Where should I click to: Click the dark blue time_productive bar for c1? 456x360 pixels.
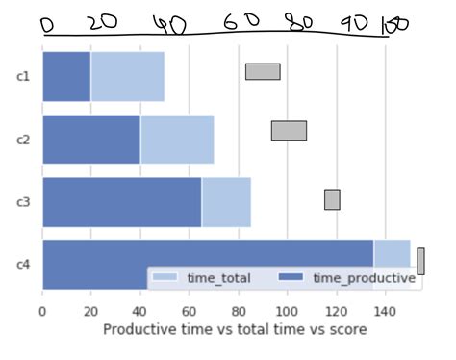tap(66, 76)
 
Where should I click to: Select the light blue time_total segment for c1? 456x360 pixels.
tap(128, 76)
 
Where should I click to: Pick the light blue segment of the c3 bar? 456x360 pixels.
tap(226, 202)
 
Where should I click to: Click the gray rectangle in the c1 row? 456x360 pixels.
tap(263, 71)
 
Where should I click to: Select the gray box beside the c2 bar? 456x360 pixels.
tap(289, 131)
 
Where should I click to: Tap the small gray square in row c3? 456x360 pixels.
tap(332, 199)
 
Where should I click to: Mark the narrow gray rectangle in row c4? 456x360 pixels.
tap(420, 261)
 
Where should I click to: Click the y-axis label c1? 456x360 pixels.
tap(24, 76)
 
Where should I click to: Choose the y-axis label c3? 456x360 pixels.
tap(24, 202)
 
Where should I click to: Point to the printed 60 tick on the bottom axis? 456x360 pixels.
tap(189, 310)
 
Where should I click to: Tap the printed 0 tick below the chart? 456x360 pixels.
tap(42, 310)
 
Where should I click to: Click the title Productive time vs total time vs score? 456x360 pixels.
tap(234, 329)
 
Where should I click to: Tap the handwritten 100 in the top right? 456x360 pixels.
tap(395, 26)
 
